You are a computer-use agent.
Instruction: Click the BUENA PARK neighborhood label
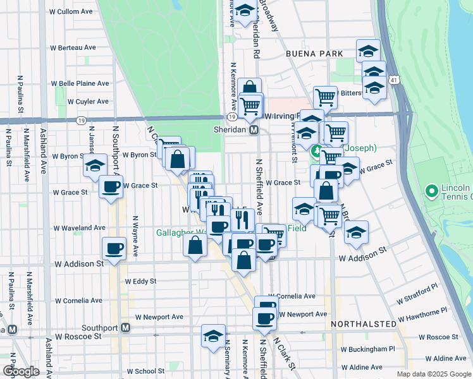pyautogui.click(x=314, y=54)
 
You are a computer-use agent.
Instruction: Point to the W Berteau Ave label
pyautogui.click(x=73, y=47)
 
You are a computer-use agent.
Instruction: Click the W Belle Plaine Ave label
pyautogui.click(x=80, y=83)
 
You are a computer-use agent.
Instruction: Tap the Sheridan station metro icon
pyautogui.click(x=254, y=129)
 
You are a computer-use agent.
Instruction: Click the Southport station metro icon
pyautogui.click(x=126, y=328)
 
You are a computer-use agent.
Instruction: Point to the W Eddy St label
pyautogui.click(x=140, y=281)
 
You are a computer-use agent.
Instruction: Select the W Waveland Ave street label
pyautogui.click(x=79, y=227)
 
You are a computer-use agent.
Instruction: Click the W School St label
pyautogui.click(x=145, y=371)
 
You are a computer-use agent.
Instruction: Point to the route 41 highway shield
pyautogui.click(x=395, y=81)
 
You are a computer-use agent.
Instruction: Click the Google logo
pyautogui.click(x=21, y=371)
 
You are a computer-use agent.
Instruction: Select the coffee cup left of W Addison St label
pyautogui.click(x=114, y=248)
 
